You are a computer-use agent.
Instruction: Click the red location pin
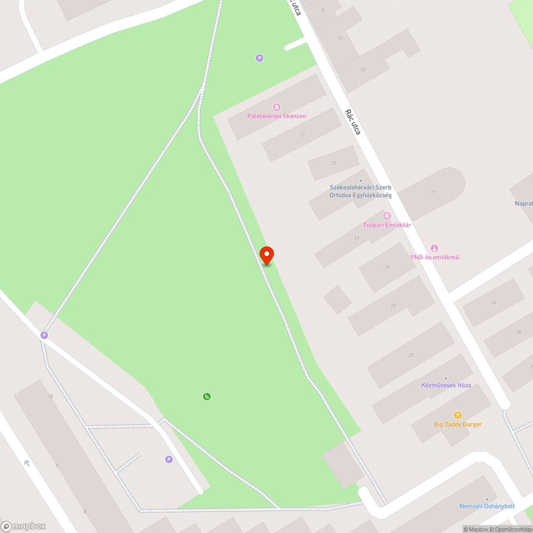pyautogui.click(x=266, y=255)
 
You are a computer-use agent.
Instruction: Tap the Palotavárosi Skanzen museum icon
pyautogui.click(x=276, y=107)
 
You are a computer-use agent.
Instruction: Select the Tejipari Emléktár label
pyautogui.click(x=387, y=225)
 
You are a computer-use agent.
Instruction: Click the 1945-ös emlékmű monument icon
pyautogui.click(x=434, y=248)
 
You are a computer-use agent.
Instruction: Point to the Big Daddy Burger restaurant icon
pyautogui.click(x=457, y=415)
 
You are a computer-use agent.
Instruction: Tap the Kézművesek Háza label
pyautogui.click(x=446, y=385)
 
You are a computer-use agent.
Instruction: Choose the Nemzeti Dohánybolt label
pyautogui.click(x=487, y=506)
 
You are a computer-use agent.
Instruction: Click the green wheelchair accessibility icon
pyautogui.click(x=207, y=396)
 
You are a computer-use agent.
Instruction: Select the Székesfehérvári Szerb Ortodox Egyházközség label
pyautogui.click(x=360, y=191)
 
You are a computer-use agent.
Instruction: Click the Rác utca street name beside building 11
pyautogui.click(x=353, y=122)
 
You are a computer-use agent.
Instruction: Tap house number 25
pyautogui.click(x=410, y=355)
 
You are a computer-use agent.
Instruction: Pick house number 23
pyautogui.click(x=393, y=306)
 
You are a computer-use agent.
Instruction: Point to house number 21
pyautogui.click(x=387, y=268)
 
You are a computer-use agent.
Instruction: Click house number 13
pyautogui.click(x=302, y=135)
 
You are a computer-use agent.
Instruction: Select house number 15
pyautogui.click(x=334, y=163)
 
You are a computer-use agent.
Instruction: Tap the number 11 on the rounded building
pyautogui.click(x=433, y=192)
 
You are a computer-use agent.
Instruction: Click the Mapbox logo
pyautogui.click(x=23, y=526)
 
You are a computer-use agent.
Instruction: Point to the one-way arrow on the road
pyautogui.click(x=27, y=463)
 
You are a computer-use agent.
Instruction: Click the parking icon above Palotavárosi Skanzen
pyautogui.click(x=260, y=58)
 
